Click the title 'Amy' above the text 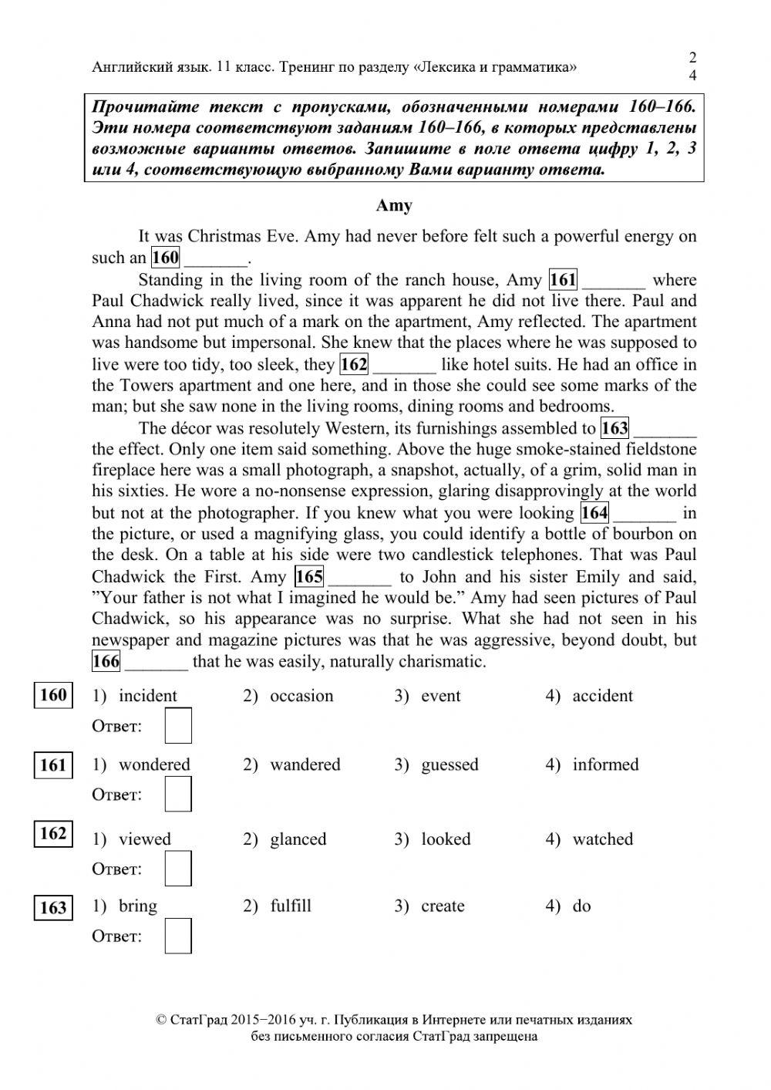(x=394, y=206)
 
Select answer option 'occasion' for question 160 (x=301, y=696)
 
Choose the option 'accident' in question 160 (x=601, y=696)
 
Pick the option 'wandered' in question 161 (x=305, y=764)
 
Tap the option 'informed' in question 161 (x=605, y=764)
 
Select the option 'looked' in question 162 (x=445, y=839)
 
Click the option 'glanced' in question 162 (x=298, y=839)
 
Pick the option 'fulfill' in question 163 (x=291, y=906)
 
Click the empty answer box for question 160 (x=178, y=726)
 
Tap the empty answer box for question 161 (x=178, y=795)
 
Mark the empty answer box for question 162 (x=178, y=869)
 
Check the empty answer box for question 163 (x=178, y=936)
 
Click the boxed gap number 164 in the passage (x=594, y=512)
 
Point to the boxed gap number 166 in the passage (x=106, y=661)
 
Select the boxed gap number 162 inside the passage (x=354, y=364)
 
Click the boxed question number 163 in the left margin (x=52, y=907)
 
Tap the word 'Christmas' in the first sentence (x=224, y=236)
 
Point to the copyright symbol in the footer (x=161, y=1020)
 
